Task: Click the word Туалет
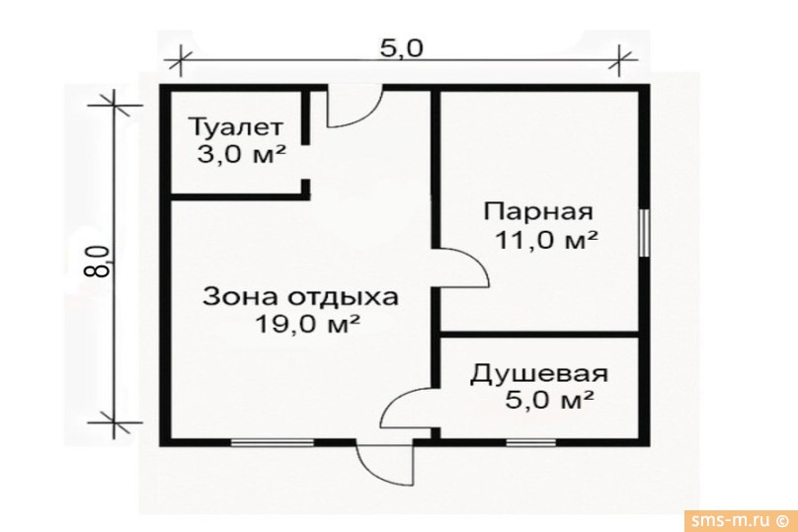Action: pyautogui.click(x=236, y=127)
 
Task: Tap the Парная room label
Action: pyautogui.click(x=537, y=211)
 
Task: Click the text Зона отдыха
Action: pyautogui.click(x=301, y=296)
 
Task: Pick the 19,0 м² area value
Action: pyautogui.click(x=305, y=324)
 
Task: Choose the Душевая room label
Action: pyautogui.click(x=538, y=374)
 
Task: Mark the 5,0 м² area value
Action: pyautogui.click(x=548, y=401)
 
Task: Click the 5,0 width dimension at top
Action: pyautogui.click(x=401, y=47)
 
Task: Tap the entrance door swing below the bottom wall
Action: pyautogui.click(x=382, y=459)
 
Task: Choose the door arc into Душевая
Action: pyautogui.click(x=405, y=405)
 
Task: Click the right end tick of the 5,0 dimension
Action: pyautogui.click(x=619, y=60)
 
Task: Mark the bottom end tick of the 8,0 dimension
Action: pyautogui.click(x=115, y=422)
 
